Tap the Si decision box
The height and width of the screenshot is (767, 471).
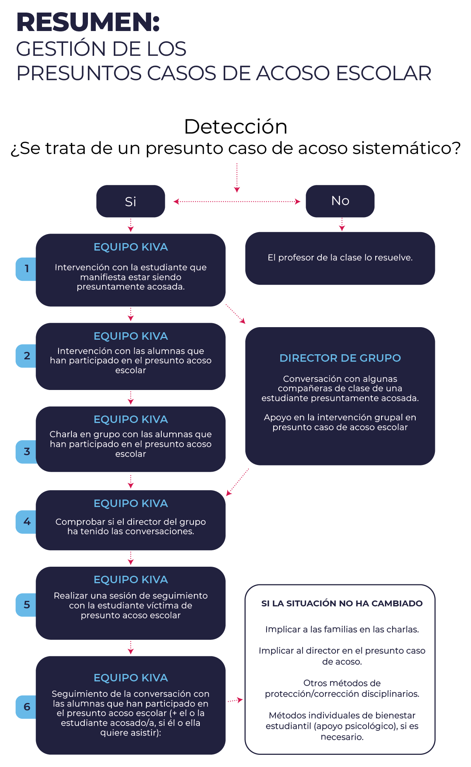131,201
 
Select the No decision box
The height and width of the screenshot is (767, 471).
340,201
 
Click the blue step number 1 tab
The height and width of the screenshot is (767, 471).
26,269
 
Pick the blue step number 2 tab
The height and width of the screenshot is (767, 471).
26,356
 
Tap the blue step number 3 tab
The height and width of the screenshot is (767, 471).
26,452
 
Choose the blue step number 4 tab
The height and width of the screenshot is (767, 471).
26,522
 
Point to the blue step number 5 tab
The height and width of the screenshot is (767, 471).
26,605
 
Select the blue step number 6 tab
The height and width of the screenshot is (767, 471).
26,707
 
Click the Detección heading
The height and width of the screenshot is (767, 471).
235,127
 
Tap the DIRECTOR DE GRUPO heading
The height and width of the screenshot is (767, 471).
340,358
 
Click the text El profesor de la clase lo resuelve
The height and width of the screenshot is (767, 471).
340,258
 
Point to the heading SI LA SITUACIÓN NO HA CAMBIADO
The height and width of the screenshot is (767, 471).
342,604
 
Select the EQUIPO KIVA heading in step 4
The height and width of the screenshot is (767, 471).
131,503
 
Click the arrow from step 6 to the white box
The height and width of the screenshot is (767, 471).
235,700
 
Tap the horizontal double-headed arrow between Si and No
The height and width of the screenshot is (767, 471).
237,201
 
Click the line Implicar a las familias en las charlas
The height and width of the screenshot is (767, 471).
342,630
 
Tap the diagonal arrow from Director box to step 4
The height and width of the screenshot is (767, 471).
237,482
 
